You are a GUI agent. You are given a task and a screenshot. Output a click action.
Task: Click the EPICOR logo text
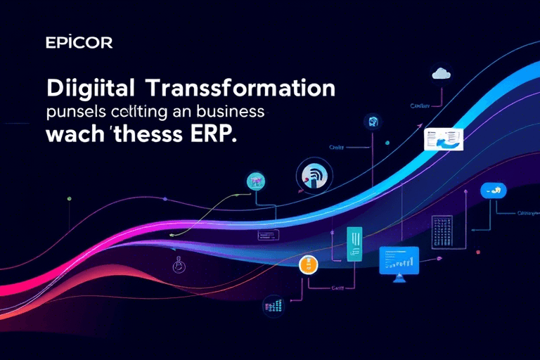(78, 43)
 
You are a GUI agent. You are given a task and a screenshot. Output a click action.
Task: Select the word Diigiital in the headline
(94, 89)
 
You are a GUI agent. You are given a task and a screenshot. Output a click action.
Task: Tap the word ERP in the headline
(212, 135)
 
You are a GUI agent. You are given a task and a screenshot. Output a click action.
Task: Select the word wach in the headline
(72, 135)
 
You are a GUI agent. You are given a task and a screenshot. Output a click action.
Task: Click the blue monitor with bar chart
(399, 261)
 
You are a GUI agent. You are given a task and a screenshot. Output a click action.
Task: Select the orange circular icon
(307, 265)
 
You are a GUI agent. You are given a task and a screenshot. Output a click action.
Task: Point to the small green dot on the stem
(68, 199)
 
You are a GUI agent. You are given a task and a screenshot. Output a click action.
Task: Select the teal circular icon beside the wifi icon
(256, 182)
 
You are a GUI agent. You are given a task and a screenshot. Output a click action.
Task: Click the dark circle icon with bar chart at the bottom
(271, 304)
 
